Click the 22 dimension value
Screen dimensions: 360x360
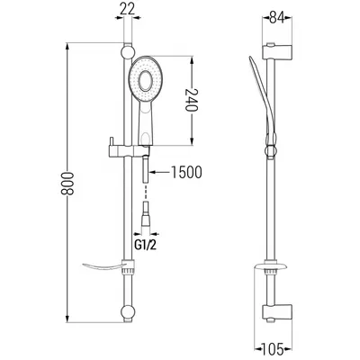pos(128,9)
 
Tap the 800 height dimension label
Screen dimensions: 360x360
pos(67,184)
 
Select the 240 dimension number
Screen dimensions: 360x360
pos(192,100)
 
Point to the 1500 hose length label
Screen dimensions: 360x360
pos(186,172)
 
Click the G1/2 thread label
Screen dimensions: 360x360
pos(146,246)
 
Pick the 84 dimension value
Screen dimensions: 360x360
pos(277,18)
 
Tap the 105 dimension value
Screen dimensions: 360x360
pos(273,349)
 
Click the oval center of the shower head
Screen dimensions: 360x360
pos(146,81)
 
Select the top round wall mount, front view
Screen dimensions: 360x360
pos(127,52)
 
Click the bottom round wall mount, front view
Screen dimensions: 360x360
pos(128,312)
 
